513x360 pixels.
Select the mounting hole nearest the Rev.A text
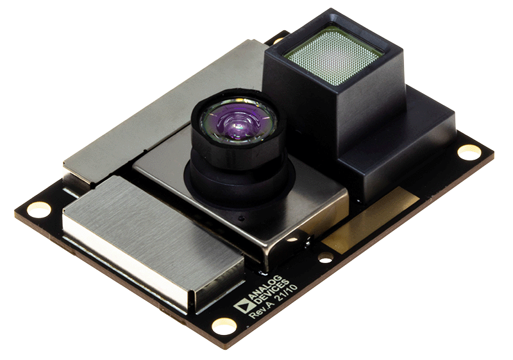(224, 325)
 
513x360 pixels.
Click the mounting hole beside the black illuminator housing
(469, 152)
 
